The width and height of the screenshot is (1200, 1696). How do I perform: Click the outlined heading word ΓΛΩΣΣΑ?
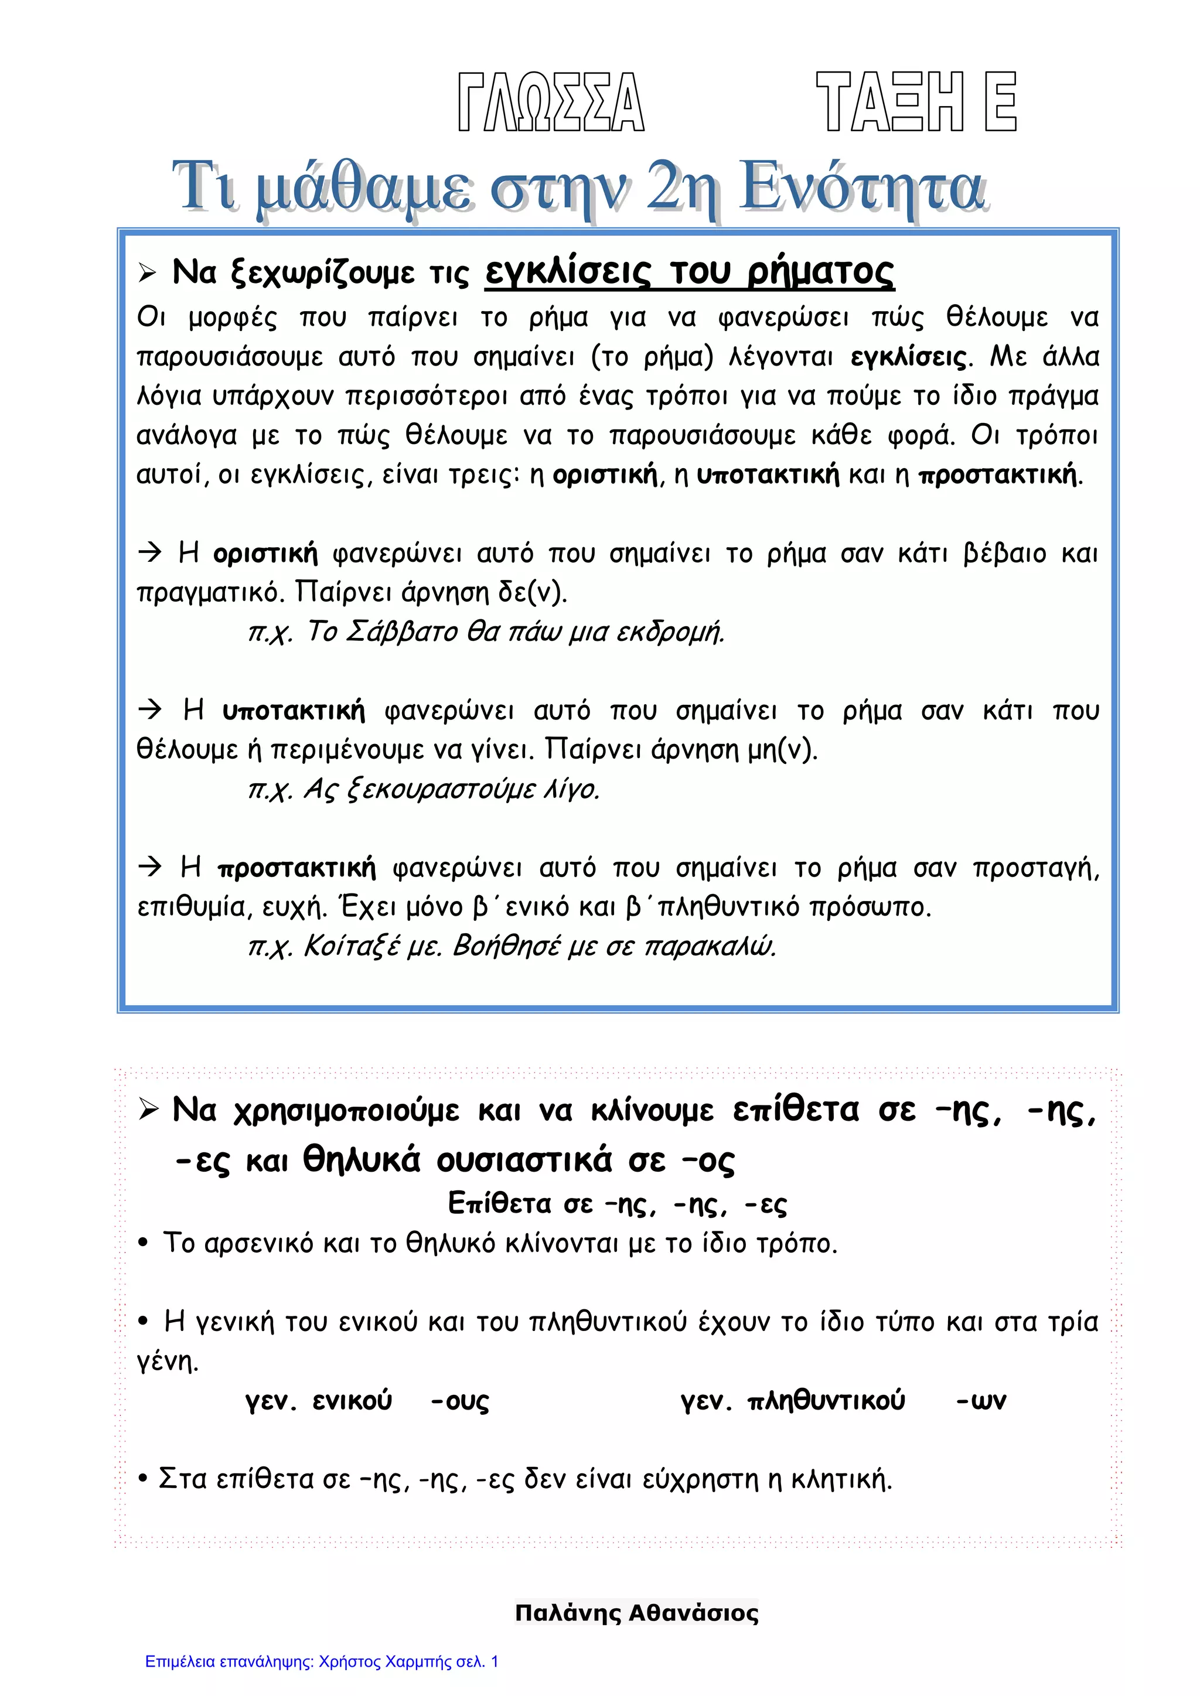click(551, 102)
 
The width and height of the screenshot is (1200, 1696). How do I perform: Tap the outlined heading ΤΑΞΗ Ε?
click(916, 102)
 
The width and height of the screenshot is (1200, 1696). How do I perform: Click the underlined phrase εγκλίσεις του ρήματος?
click(690, 272)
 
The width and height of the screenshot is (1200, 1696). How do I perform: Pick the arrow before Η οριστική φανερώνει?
click(150, 552)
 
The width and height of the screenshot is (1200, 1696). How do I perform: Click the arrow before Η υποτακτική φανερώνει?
click(150, 710)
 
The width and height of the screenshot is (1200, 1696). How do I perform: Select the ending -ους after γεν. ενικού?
click(459, 1401)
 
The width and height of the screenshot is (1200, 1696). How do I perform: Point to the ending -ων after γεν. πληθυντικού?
click(980, 1401)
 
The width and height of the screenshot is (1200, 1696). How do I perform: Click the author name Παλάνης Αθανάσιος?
click(636, 1613)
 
